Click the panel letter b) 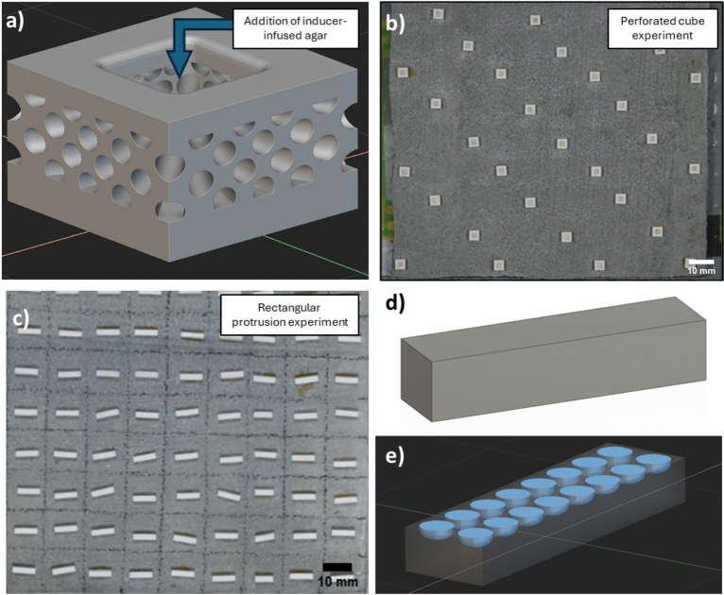pyautogui.click(x=395, y=23)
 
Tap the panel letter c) pyautogui.click(x=20, y=318)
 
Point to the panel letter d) pyautogui.click(x=395, y=304)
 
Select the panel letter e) pyautogui.click(x=395, y=456)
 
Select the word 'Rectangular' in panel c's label pyautogui.click(x=289, y=308)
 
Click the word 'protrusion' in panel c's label pyautogui.click(x=255, y=321)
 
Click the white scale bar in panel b pyautogui.click(x=701, y=262)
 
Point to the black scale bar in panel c pyautogui.click(x=337, y=567)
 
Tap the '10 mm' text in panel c pyautogui.click(x=337, y=581)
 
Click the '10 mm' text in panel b pyautogui.click(x=701, y=270)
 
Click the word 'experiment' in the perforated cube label pyautogui.click(x=663, y=35)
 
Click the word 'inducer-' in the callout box pyautogui.click(x=322, y=21)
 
